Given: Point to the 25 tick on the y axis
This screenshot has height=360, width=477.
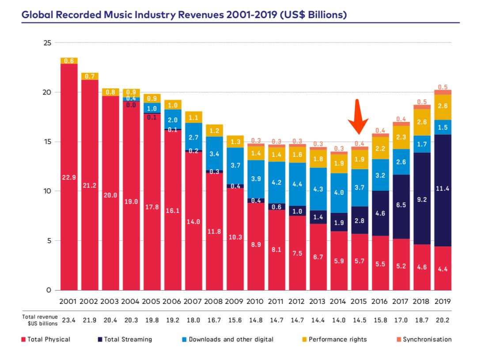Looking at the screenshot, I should [47, 43].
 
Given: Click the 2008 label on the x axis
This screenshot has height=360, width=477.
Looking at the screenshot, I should [214, 302].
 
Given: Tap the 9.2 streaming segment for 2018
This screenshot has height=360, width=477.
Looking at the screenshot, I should [422, 200].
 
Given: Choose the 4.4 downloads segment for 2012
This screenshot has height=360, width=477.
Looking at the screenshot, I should [297, 184].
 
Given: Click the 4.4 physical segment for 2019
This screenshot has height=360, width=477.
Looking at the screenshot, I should [443, 269].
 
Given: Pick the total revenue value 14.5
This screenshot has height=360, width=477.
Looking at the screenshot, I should [359, 320].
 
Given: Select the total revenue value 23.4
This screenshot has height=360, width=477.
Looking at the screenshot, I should [69, 320].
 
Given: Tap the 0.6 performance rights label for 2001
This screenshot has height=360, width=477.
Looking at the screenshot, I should [69, 61].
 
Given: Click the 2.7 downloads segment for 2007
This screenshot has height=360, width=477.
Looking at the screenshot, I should [193, 137].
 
